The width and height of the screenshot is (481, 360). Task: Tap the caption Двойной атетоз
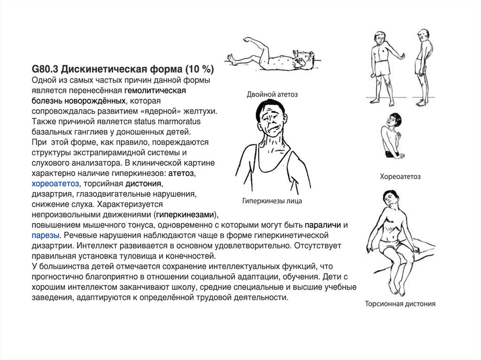tap(272, 94)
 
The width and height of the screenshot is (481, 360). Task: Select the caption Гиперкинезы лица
tap(272, 201)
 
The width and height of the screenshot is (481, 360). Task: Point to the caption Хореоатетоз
tap(400, 176)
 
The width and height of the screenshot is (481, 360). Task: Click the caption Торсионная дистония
tap(400, 304)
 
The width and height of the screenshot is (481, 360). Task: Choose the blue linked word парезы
tap(46, 235)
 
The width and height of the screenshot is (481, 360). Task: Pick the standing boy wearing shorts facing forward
tap(381, 66)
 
